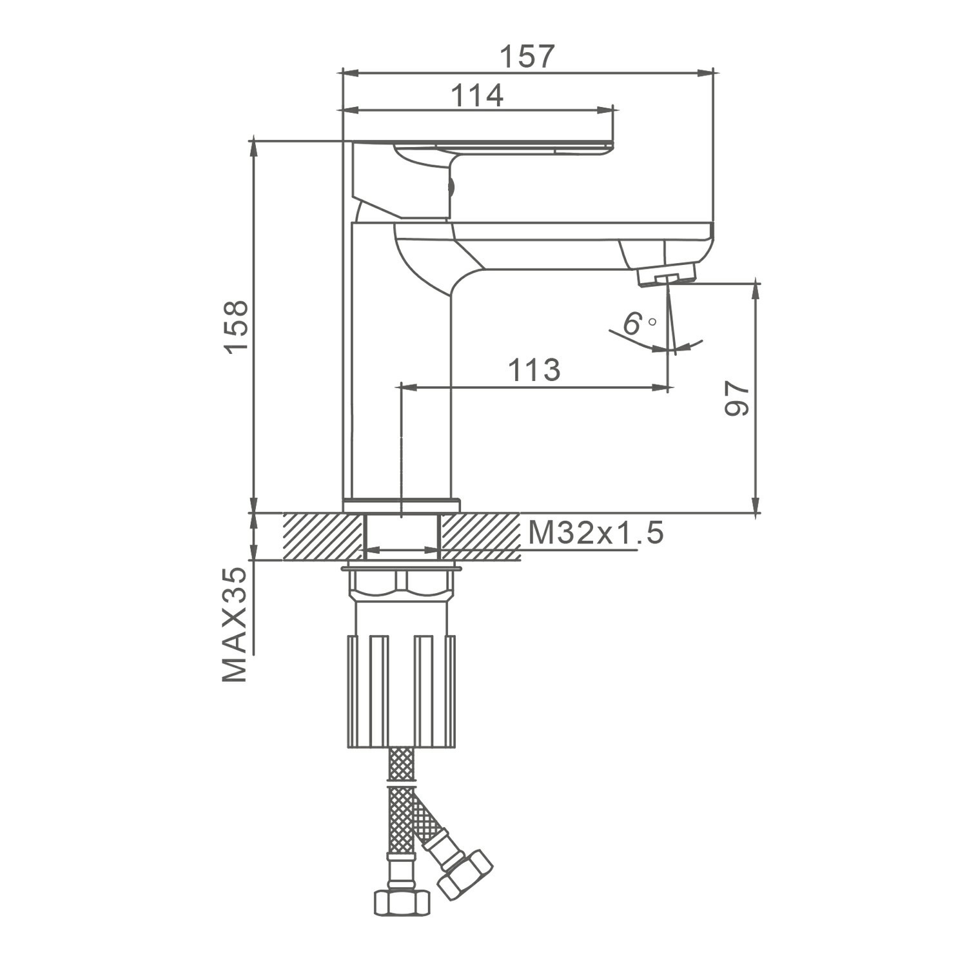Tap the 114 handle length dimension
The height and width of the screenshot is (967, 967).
click(x=476, y=96)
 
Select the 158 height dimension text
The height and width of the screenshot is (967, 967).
click(x=236, y=326)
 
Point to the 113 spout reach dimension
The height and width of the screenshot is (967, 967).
click(x=534, y=371)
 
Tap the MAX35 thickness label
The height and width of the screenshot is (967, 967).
click(x=235, y=625)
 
